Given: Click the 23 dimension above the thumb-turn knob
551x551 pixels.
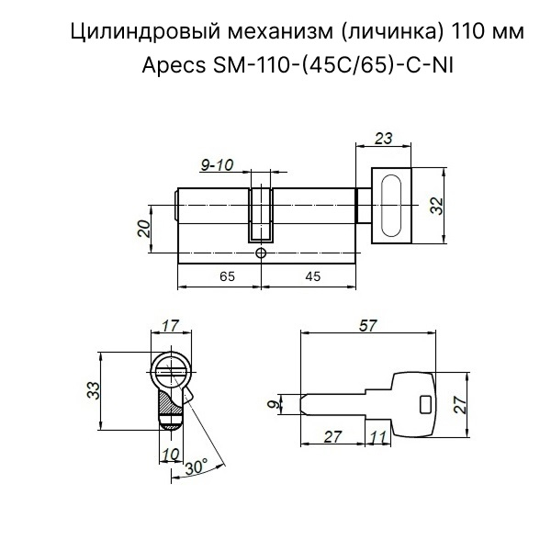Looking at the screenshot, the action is click(x=383, y=138).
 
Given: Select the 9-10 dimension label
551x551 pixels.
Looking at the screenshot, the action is click(x=217, y=164).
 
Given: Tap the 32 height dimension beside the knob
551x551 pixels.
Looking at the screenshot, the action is click(x=437, y=206).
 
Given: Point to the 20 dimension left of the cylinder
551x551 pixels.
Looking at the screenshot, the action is click(x=144, y=229).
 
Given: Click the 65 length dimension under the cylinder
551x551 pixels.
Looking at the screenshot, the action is click(x=227, y=276).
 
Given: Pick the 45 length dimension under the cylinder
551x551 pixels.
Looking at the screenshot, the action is click(x=313, y=276).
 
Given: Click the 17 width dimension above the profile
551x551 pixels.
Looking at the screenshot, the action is click(x=171, y=325).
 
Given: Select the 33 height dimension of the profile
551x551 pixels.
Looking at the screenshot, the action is click(x=94, y=390).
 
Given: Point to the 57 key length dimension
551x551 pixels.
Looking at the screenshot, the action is click(x=368, y=326).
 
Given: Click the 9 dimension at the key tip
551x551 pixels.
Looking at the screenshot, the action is click(x=275, y=404).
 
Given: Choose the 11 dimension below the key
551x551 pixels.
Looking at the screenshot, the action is click(x=378, y=437).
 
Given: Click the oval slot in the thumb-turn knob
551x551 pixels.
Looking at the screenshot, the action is click(x=391, y=205).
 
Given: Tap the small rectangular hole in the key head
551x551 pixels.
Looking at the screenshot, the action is click(x=425, y=404).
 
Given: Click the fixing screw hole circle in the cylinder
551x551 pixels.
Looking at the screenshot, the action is click(x=261, y=253).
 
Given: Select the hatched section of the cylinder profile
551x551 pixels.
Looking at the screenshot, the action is click(x=171, y=407).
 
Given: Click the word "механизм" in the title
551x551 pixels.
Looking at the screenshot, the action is click(x=280, y=31).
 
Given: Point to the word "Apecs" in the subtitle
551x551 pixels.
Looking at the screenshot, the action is click(x=174, y=66).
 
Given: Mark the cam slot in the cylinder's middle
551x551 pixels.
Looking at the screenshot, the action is click(x=261, y=215).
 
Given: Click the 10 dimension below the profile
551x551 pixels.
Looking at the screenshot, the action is click(x=172, y=454).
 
